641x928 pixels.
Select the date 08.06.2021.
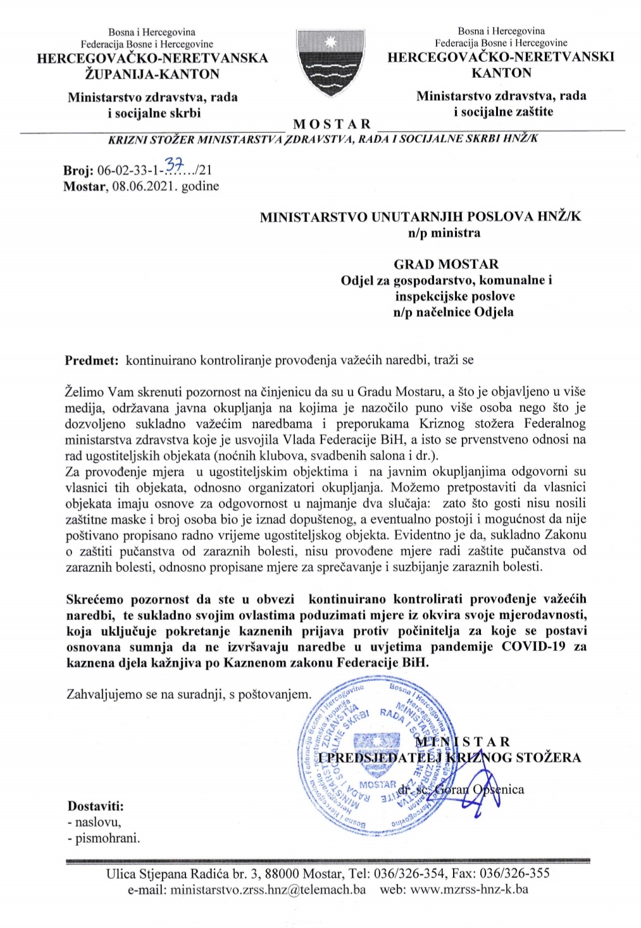tap(142, 186)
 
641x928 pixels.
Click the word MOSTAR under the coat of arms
tap(332, 123)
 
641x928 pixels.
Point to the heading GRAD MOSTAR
tap(446, 264)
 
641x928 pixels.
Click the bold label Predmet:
tap(92, 361)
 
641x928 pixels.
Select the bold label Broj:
tap(78, 170)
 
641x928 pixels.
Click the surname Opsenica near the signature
tap(499, 789)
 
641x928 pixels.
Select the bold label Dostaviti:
tap(96, 806)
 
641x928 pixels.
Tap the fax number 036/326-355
tap(515, 874)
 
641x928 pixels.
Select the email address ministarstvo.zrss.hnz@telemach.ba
tap(268, 889)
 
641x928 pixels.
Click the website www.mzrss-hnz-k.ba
tap(470, 889)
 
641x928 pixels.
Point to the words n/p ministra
tap(444, 233)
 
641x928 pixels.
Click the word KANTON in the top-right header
tap(501, 73)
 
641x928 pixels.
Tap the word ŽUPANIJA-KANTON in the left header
tap(152, 74)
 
